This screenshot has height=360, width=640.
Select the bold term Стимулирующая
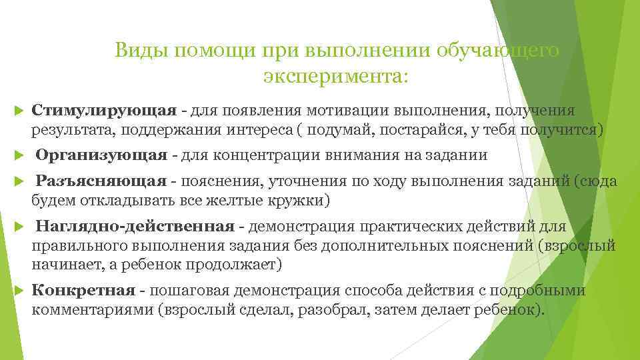click(x=104, y=109)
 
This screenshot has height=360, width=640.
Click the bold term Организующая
click(x=101, y=155)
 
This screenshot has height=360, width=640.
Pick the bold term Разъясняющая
click(x=101, y=181)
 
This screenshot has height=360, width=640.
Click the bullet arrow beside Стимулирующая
click(x=19, y=110)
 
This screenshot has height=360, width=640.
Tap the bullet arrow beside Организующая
click(x=19, y=156)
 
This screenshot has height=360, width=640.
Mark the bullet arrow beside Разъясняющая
click(x=19, y=181)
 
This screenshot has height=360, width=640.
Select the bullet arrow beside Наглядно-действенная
click(x=19, y=227)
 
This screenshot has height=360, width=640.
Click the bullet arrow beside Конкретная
click(x=19, y=291)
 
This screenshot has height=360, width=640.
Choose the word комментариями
click(x=92, y=310)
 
